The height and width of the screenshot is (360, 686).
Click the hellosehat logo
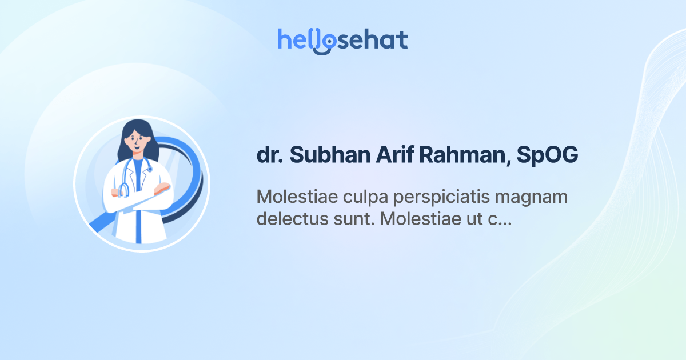(342, 40)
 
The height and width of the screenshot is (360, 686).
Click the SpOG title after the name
(547, 155)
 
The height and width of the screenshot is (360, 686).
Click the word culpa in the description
(361, 197)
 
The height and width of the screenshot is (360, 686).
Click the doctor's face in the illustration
(137, 142)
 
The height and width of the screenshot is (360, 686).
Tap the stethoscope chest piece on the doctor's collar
(150, 169)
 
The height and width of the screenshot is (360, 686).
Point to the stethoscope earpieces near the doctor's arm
(124, 190)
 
